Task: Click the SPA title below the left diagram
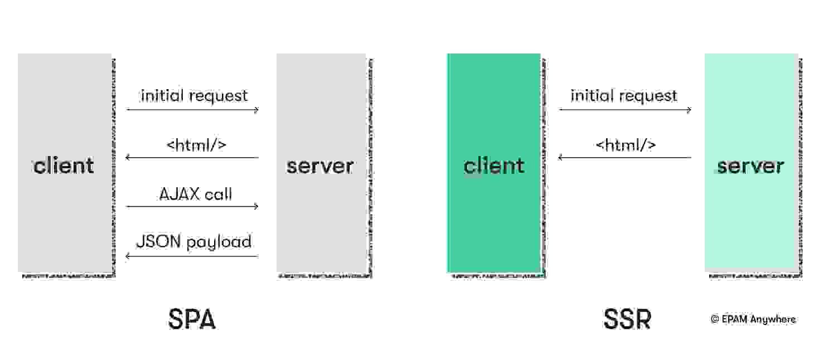coord(191,320)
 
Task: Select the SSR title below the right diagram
coord(627,320)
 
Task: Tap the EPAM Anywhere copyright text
coord(753,319)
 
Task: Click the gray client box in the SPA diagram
coord(64,223)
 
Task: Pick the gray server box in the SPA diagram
coord(321,223)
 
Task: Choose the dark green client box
coord(494,223)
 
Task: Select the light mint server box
coord(750,223)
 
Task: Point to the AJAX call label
coord(195,194)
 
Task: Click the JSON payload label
coord(193,242)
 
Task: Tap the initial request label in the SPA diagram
coord(194,96)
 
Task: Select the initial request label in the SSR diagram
coord(624,96)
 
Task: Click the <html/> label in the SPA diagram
coord(196,145)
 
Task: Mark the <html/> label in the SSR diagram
coord(626,145)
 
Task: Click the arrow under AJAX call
coord(192,207)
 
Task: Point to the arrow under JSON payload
coord(192,256)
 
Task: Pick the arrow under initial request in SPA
coord(192,110)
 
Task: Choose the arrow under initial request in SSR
coord(625,110)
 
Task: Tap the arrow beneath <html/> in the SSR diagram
coord(625,158)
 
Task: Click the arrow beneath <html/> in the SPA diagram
coord(192,158)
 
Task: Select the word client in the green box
coord(494,166)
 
